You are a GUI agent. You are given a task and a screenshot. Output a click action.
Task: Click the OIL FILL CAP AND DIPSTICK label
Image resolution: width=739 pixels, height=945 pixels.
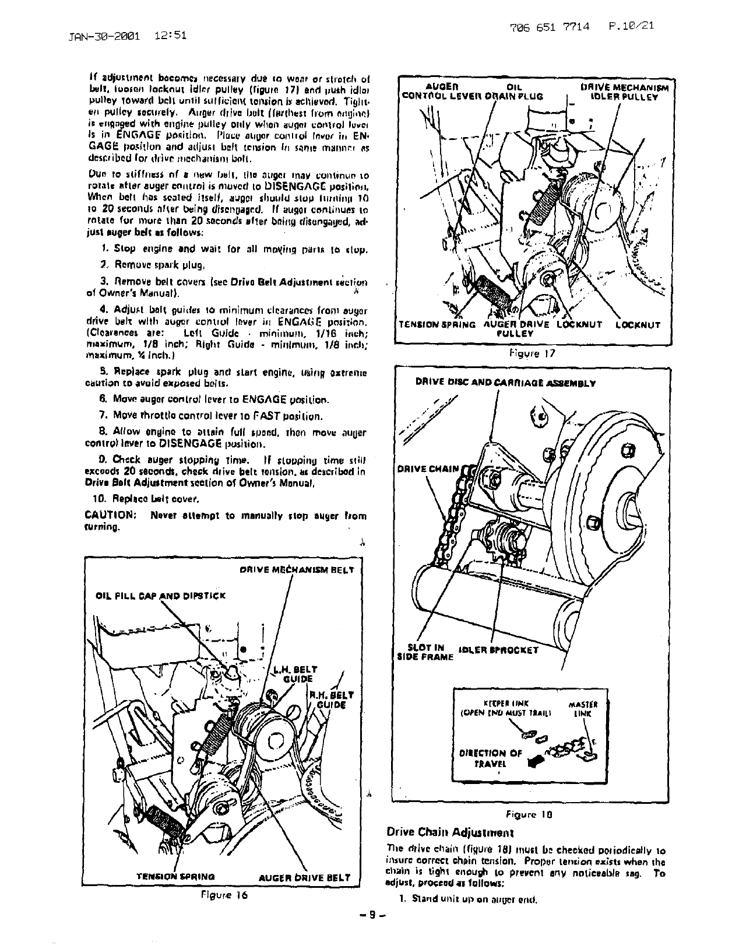tap(161, 596)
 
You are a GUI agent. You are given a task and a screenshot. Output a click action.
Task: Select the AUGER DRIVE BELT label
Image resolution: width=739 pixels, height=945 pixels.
tap(304, 877)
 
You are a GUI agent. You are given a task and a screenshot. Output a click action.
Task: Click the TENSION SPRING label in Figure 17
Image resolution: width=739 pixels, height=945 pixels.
tap(436, 325)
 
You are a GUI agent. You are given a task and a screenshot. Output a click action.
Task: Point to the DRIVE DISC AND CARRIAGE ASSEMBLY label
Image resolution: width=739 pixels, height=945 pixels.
tap(505, 383)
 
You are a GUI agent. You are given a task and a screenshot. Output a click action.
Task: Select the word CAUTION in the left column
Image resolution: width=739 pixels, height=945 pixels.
tap(111, 516)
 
